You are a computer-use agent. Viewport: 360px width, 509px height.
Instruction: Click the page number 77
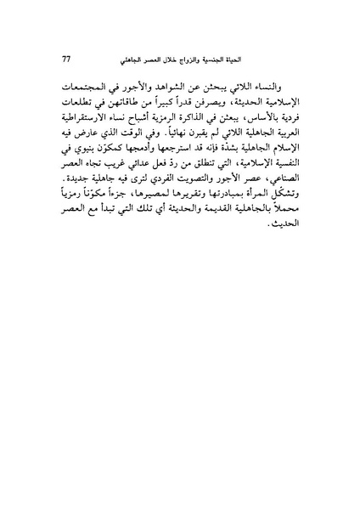click(x=67, y=59)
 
